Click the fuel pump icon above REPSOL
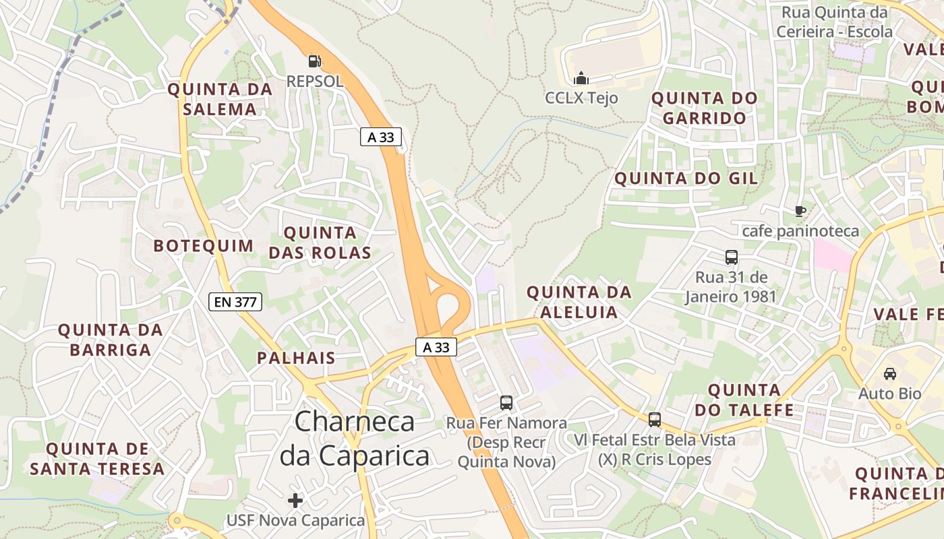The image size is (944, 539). click(314, 61)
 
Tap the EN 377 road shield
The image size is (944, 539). click(235, 302)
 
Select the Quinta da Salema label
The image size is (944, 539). click(220, 99)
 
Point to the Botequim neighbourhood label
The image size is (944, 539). click(204, 246)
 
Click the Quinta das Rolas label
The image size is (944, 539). click(320, 243)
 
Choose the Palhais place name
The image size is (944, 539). click(296, 358)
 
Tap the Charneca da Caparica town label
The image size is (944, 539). click(355, 439)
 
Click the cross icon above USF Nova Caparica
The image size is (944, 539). click(295, 501)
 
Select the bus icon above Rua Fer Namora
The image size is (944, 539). click(506, 403)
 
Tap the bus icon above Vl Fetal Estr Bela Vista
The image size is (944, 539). click(654, 420)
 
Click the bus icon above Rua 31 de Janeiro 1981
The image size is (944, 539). click(732, 257)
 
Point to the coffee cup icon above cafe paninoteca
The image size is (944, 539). click(800, 212)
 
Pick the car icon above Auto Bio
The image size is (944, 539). click(890, 373)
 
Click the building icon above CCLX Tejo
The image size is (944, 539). click(581, 78)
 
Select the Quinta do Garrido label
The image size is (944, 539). click(704, 108)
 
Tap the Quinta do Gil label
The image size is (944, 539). click(686, 179)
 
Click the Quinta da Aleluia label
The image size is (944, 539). click(579, 302)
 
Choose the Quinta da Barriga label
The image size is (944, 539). click(111, 340)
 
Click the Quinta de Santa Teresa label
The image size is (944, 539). click(97, 459)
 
